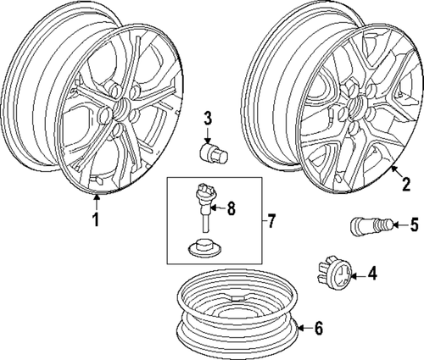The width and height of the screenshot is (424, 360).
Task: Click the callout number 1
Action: pyautogui.click(x=96, y=221)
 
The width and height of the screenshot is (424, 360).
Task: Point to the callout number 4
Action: pyautogui.click(x=372, y=274)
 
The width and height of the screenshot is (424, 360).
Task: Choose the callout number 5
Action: pyautogui.click(x=414, y=224)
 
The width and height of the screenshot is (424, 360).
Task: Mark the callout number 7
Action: pyautogui.click(x=271, y=222)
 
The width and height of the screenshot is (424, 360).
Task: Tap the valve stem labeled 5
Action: pyautogui.click(x=366, y=225)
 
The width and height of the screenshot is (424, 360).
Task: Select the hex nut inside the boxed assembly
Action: pyautogui.click(x=201, y=249)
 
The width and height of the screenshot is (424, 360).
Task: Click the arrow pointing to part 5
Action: pyautogui.click(x=396, y=224)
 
